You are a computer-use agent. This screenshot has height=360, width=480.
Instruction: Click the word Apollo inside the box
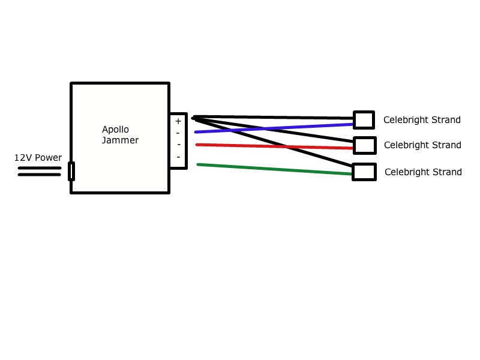click(x=115, y=130)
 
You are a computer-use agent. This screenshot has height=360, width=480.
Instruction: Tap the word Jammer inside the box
click(x=120, y=140)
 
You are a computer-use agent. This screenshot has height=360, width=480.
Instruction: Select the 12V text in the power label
click(x=23, y=158)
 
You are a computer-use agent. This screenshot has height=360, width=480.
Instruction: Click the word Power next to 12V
click(x=48, y=158)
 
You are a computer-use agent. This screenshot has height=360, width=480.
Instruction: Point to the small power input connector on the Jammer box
click(x=71, y=171)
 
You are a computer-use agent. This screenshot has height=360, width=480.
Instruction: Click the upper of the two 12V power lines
click(x=39, y=168)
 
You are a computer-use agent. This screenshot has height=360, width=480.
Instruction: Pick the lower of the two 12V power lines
click(x=39, y=175)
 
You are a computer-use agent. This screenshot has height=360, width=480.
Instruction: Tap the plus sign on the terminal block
click(x=178, y=121)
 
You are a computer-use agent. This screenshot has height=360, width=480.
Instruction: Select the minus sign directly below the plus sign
click(x=178, y=133)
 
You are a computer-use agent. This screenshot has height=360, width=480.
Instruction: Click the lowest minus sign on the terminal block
click(x=178, y=157)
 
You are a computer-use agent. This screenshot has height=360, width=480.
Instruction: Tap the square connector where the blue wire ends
click(x=364, y=120)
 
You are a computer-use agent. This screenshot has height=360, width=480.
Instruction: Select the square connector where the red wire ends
click(x=364, y=145)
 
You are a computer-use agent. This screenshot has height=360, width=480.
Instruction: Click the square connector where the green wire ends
click(x=364, y=172)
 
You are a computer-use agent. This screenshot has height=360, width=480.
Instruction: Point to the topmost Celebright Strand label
click(x=422, y=120)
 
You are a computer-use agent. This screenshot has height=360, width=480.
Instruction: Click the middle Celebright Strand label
click(x=422, y=145)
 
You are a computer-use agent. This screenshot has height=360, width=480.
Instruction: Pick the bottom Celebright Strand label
click(x=423, y=172)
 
